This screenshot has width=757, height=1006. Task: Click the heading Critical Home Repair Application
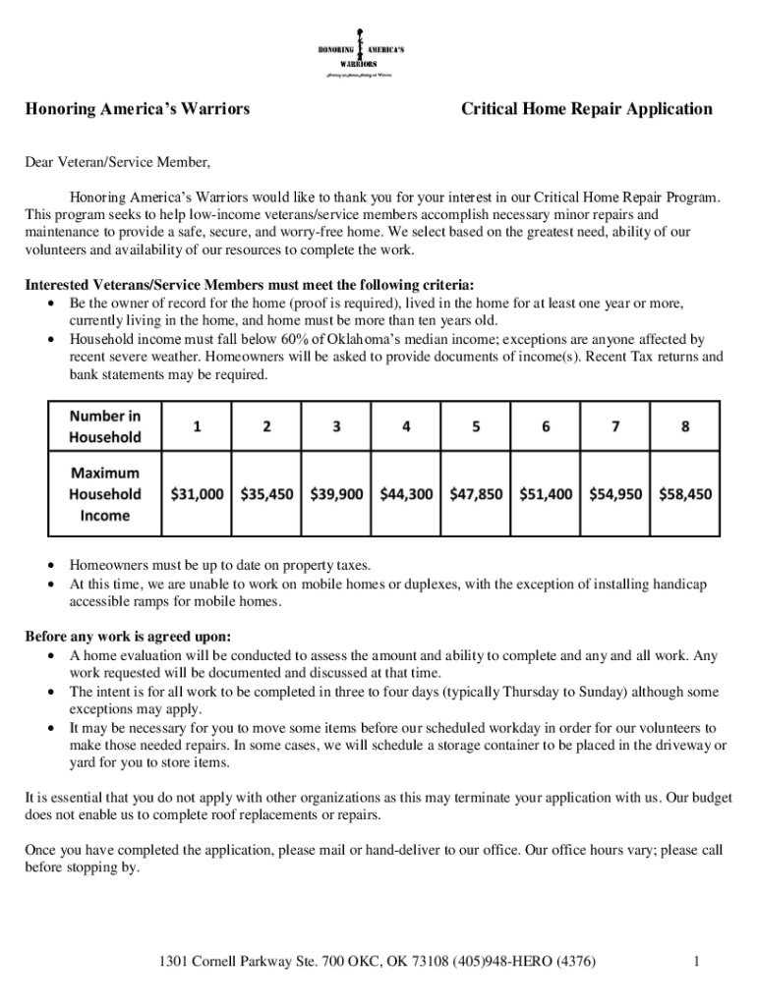tap(587, 109)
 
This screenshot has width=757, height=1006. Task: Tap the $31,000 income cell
tap(198, 494)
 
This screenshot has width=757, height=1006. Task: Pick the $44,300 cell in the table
tap(406, 494)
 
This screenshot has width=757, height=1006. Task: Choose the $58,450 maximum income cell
tap(685, 494)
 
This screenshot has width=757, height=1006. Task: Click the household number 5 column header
tap(476, 426)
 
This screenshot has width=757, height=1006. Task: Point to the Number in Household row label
tap(105, 426)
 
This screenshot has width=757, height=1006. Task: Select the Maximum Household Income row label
tap(105, 494)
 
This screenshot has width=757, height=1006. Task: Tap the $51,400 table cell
tap(546, 494)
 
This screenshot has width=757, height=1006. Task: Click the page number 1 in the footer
tap(695, 962)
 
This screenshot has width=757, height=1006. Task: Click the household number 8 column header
tap(685, 426)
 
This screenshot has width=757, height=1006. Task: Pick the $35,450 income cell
tap(267, 494)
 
